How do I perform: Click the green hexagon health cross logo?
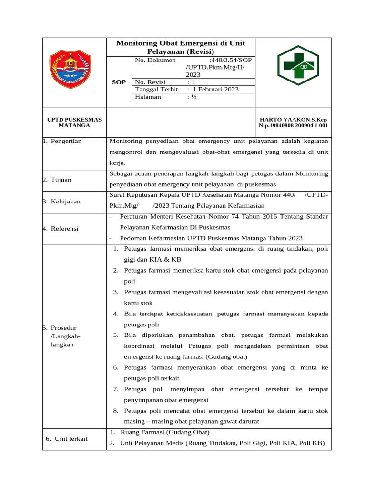pyautogui.click(x=298, y=65)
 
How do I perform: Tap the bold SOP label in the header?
pyautogui.click(x=119, y=82)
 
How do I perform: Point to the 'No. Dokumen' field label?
pyautogui.click(x=155, y=61)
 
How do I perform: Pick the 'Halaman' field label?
pyautogui.click(x=148, y=97)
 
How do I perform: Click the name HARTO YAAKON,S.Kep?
pyautogui.click(x=293, y=119)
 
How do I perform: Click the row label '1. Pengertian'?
pyautogui.click(x=62, y=141)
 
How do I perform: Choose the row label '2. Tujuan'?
pyautogui.click(x=57, y=180)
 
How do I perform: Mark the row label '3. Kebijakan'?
pyautogui.click(x=61, y=202)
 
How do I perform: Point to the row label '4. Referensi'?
pyautogui.click(x=61, y=228)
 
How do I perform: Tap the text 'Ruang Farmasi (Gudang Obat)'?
pyautogui.click(x=165, y=432)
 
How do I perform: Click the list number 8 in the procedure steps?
pyautogui.click(x=116, y=411)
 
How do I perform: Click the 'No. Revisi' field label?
pyautogui.click(x=150, y=82)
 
